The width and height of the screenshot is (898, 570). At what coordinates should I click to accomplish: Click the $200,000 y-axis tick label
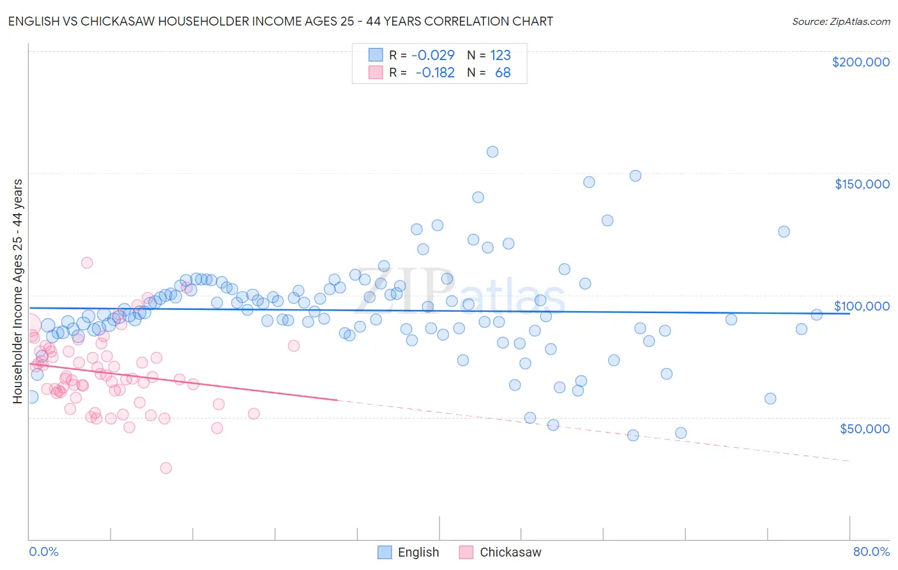(x=860, y=62)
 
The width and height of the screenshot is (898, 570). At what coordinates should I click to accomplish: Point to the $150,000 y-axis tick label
(x=862, y=184)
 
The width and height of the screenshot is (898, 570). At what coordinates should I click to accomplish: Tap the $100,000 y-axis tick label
(x=862, y=306)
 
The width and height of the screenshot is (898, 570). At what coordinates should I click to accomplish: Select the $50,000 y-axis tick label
(x=864, y=428)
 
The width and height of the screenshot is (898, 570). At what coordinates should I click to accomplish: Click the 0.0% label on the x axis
(x=43, y=551)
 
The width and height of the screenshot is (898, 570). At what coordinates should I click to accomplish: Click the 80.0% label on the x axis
(x=871, y=551)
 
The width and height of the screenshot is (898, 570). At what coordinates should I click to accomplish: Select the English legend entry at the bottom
(x=409, y=552)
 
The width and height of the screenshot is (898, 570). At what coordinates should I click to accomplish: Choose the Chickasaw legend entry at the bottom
(x=500, y=552)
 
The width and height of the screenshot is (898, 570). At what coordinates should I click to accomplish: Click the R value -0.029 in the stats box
(x=433, y=55)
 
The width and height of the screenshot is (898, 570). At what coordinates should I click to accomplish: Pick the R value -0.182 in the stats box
(x=435, y=72)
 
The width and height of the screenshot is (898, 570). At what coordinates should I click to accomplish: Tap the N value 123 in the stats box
(x=500, y=55)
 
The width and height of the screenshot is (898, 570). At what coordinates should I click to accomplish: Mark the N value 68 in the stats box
(x=503, y=72)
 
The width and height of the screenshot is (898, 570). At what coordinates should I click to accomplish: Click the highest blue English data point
(x=492, y=151)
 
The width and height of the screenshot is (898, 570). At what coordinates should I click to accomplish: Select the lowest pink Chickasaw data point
(x=166, y=468)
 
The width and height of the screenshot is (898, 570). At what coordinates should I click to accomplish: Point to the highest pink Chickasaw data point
(x=87, y=263)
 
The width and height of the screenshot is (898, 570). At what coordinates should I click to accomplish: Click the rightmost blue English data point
(x=816, y=314)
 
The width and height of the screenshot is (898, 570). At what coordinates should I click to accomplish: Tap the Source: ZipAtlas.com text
(x=841, y=21)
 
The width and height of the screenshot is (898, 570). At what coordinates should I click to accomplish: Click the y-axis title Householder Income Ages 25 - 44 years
(x=17, y=291)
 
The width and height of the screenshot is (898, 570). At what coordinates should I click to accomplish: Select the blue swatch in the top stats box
(x=376, y=55)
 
